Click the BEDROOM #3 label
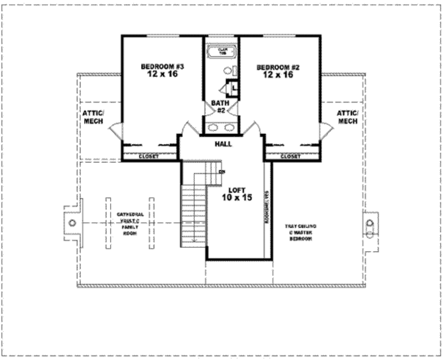pos(163,67)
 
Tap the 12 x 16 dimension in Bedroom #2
pos(278,75)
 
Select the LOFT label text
pos(237,190)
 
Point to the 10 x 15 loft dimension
pos(237,198)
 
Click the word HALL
pos(223,144)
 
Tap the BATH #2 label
pos(220,107)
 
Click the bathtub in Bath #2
pos(222,53)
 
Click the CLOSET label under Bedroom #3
pos(149,156)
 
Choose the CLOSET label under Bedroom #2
pos(291,156)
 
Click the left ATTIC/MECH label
pos(93,117)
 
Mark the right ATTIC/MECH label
pos(348,117)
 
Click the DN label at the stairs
pos(222,172)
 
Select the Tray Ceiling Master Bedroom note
pos(300,232)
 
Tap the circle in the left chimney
pos(72,223)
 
